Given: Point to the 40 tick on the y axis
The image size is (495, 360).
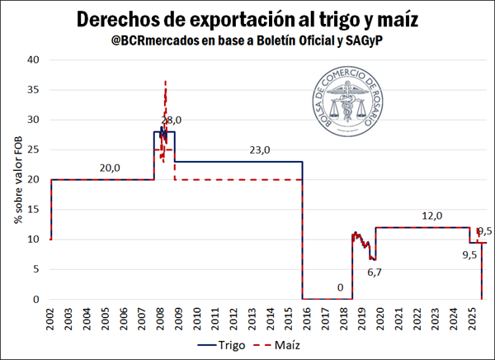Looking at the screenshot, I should click(34, 60).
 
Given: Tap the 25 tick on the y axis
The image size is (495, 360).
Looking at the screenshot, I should click(34, 149).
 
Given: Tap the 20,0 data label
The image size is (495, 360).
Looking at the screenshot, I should click(109, 168).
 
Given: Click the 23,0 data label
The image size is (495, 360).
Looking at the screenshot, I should click(261, 150).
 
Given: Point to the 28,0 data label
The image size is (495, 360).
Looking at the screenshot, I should click(171, 121).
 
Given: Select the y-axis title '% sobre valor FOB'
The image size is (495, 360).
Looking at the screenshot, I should click(16, 180).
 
